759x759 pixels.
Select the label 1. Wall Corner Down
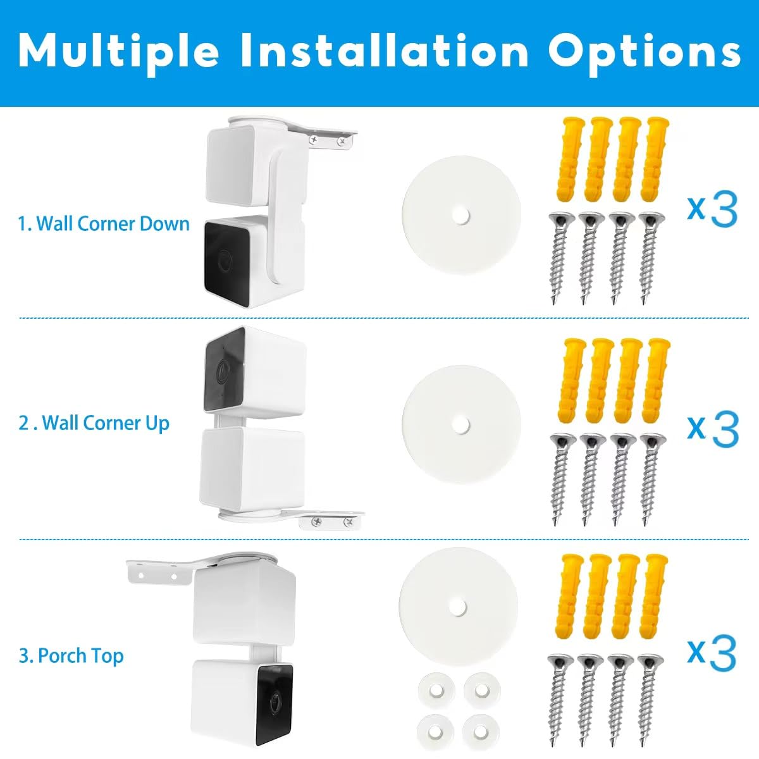(104, 224)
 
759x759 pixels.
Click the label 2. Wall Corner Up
(94, 423)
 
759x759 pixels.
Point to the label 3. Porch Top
(71, 656)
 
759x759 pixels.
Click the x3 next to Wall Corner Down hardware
(712, 210)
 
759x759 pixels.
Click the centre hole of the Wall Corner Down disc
(461, 216)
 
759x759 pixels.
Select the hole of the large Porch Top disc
(458, 606)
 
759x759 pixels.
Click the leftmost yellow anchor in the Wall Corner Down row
(569, 160)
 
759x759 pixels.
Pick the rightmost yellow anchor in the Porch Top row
(652, 597)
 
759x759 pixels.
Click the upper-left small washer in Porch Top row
(436, 691)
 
